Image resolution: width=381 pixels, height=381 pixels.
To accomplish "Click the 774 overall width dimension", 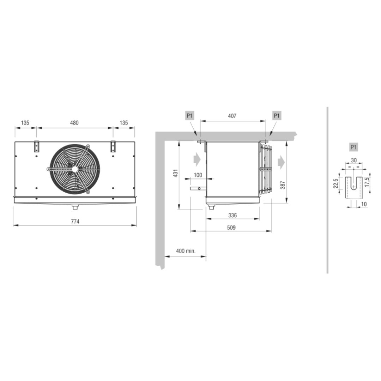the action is click(x=75, y=221).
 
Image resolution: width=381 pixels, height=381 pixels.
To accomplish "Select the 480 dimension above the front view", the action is click(x=74, y=123).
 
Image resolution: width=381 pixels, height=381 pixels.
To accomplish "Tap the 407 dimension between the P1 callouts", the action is click(x=232, y=116).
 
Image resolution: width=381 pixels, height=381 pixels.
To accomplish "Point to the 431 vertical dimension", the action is click(x=175, y=173).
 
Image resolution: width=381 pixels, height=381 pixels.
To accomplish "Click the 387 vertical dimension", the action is click(x=283, y=185).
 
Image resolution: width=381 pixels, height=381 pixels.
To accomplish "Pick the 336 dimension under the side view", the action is click(x=232, y=215).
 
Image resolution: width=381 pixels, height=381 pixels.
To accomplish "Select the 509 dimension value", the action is click(x=231, y=228).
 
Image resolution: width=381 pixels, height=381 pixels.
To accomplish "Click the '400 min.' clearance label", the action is click(x=186, y=251).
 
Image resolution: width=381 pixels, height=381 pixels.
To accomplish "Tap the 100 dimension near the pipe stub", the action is click(x=198, y=175).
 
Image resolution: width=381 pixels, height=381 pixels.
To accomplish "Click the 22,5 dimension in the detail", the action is click(x=335, y=183).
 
